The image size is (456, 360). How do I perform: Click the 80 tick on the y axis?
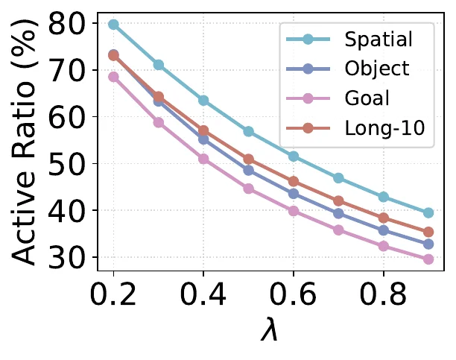(67, 24)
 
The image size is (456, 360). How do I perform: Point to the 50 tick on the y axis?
(67, 164)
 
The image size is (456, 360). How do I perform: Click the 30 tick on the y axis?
(67, 258)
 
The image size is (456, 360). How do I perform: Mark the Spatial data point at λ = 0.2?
(113, 25)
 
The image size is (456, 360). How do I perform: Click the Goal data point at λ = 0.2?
(113, 77)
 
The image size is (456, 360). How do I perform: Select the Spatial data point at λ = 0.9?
(428, 213)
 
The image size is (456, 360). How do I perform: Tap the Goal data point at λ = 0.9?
(428, 259)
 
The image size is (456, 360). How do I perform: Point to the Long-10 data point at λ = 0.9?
(428, 233)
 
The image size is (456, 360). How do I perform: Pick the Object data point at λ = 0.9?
(428, 244)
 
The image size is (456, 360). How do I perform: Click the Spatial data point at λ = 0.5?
(248, 132)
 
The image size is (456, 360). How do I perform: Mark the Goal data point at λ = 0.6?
(294, 211)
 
